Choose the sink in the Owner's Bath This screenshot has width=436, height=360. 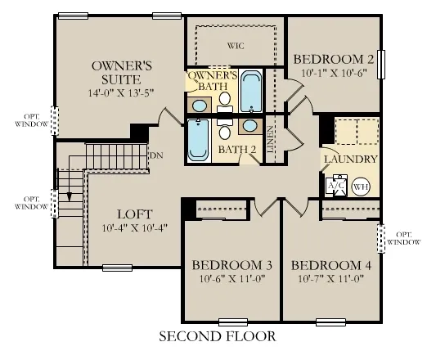coord(199,105)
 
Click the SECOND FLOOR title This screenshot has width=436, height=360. coord(217,335)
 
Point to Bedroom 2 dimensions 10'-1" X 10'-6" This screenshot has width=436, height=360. coord(333,73)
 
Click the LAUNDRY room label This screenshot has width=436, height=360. coord(350,160)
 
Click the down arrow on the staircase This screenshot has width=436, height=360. coord(70,197)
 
